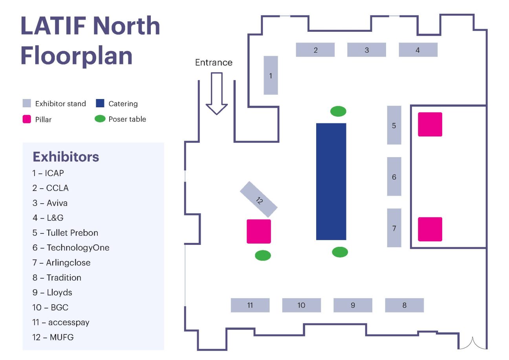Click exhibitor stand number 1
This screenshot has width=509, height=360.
tap(271, 75)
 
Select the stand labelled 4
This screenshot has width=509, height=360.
tap(418, 50)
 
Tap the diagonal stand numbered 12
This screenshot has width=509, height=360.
tap(258, 199)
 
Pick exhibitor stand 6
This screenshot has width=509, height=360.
tap(394, 176)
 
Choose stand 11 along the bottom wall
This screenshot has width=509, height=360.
tap(250, 305)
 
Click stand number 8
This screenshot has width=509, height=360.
tap(405, 305)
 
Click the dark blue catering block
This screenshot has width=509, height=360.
tap(331, 182)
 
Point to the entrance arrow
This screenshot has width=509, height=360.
tap(216, 94)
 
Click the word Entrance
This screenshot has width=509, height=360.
tap(214, 62)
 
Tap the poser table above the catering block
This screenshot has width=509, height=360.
tap(338, 112)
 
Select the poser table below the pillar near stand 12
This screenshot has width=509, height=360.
tap(263, 255)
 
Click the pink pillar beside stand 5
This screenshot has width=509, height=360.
tap(430, 125)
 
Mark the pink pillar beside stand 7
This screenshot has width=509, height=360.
tap(430, 229)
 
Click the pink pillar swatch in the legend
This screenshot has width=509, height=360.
tap(27, 119)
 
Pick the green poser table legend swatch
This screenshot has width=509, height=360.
tap(100, 119)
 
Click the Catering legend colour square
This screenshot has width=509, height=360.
tap(100, 103)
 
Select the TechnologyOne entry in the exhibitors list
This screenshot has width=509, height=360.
tap(71, 248)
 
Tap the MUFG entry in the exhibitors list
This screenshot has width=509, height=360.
tap(53, 337)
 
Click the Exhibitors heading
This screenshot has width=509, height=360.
tap(66, 157)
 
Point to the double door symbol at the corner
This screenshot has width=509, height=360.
tap(472, 343)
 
